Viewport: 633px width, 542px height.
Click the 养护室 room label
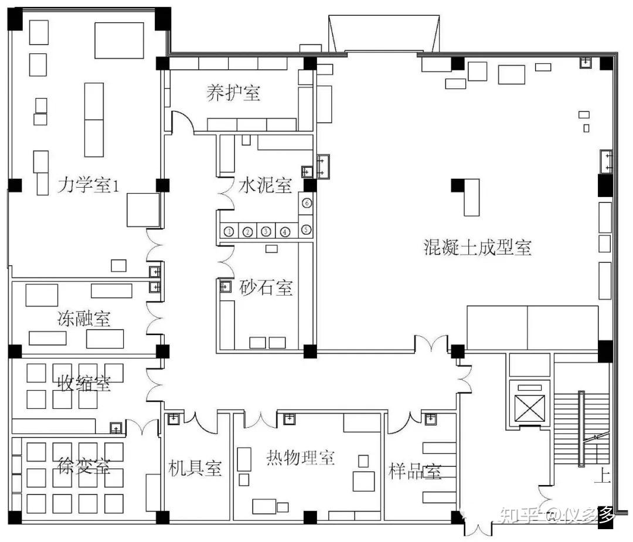pyautogui.click(x=233, y=93)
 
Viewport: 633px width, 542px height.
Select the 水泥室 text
pyautogui.click(x=266, y=185)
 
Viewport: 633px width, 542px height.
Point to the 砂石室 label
pyautogui.click(x=266, y=287)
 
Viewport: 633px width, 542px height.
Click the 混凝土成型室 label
pyautogui.click(x=478, y=247)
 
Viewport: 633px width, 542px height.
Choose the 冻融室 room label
pyautogui.click(x=84, y=319)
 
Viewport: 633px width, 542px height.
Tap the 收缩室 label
pyautogui.click(x=84, y=382)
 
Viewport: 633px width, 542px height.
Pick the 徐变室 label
pyautogui.click(x=84, y=466)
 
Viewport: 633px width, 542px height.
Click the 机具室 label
pyautogui.click(x=195, y=468)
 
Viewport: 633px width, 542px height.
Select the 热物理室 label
pyautogui.click(x=301, y=458)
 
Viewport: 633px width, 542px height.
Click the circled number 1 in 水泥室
pyautogui.click(x=229, y=232)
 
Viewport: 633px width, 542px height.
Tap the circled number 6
pyautogui.click(x=307, y=203)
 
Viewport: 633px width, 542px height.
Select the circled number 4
pyautogui.click(x=285, y=232)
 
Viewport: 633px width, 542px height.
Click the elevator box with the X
pyautogui.click(x=530, y=408)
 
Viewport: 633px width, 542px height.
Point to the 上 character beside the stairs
pyautogui.click(x=601, y=475)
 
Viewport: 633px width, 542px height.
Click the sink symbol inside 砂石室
pyautogui.click(x=225, y=286)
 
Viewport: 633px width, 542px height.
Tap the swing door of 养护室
pyautogui.click(x=182, y=121)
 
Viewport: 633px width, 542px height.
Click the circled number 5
pyautogui.click(x=307, y=229)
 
